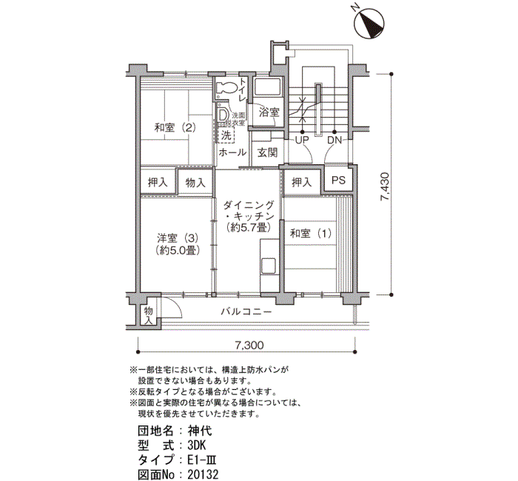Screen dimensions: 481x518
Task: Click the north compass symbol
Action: point(370,25)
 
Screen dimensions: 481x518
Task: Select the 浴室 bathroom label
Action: point(269,112)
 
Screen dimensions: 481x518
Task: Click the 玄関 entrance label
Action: point(267,152)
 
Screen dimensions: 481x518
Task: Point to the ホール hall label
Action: point(232,152)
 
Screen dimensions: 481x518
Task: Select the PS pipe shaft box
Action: point(338,181)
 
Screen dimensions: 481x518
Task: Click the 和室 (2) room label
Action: point(175,127)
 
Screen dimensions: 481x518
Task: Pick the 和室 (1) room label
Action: point(310,234)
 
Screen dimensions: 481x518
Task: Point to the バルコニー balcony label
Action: point(246,312)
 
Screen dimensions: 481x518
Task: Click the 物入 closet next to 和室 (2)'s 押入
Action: point(195,182)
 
